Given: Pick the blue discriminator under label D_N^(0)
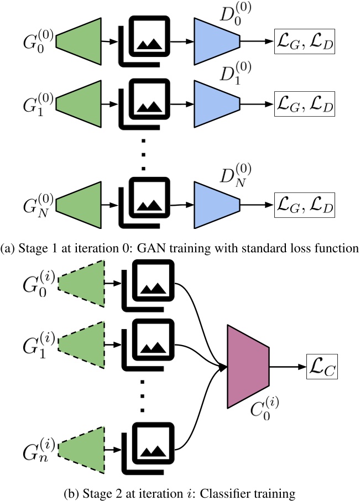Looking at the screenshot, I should point(216,205).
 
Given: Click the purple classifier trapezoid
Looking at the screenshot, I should point(247,366).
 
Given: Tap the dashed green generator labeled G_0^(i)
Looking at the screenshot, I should point(81,284).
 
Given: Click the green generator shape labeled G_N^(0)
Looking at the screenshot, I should point(80,205).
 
